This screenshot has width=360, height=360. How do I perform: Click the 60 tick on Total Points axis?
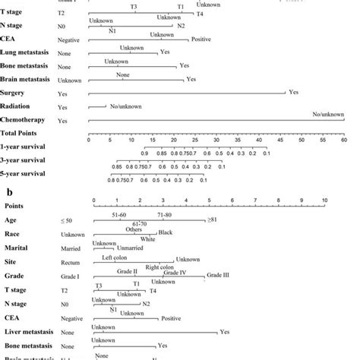click(x=344, y=139)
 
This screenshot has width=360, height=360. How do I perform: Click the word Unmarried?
click(x=130, y=248)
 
